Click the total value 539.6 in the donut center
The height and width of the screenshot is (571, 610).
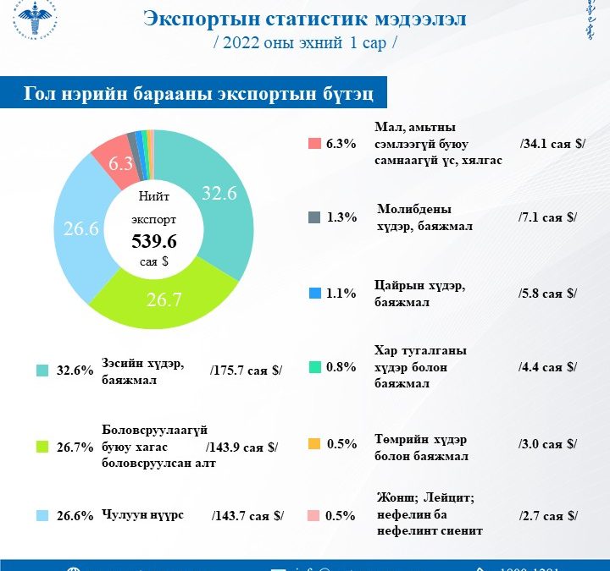[x=154, y=242]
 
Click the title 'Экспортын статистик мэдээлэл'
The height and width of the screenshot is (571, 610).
[x=304, y=19]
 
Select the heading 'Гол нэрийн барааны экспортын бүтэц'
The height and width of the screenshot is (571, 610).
[x=194, y=94]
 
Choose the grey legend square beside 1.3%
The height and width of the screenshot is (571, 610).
[x=314, y=217]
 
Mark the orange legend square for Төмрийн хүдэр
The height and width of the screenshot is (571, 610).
[x=314, y=444]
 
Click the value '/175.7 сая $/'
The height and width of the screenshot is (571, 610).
[x=246, y=371]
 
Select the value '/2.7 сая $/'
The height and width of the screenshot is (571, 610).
[x=548, y=515]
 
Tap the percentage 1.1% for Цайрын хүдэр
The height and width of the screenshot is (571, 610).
[x=341, y=294]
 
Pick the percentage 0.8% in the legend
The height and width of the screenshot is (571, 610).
[x=341, y=368]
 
